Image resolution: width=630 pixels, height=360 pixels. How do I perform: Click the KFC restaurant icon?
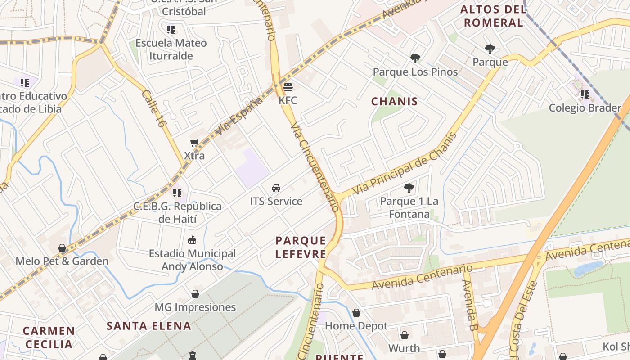point(288,86)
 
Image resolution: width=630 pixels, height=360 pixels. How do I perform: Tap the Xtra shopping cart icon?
point(194,143)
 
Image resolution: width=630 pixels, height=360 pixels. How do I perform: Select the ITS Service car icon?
point(276,188)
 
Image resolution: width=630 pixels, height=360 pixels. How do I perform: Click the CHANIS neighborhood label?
point(394,101)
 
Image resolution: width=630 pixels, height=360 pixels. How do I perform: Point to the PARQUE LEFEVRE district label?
point(301,247)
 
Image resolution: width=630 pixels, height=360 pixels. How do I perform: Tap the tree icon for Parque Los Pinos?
point(415,58)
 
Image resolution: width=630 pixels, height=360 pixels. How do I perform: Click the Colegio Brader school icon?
point(585,94)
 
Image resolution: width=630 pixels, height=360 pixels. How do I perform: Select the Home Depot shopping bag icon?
point(356,312)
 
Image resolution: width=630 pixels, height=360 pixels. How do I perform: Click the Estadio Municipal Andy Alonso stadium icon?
point(192,240)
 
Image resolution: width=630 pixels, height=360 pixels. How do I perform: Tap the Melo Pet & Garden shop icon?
point(62,248)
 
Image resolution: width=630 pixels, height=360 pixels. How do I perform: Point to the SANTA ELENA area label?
point(149,326)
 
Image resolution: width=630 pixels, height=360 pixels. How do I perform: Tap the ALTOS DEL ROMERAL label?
point(494,16)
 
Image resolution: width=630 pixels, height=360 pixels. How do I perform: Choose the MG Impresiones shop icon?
point(195,294)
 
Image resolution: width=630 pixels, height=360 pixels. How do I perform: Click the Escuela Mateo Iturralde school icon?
point(171,30)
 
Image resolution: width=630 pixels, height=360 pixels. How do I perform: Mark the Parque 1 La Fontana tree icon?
point(409,188)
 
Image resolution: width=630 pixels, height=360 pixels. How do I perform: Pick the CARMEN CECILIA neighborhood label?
point(49,337)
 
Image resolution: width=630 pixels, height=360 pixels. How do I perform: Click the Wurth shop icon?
point(404,335)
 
